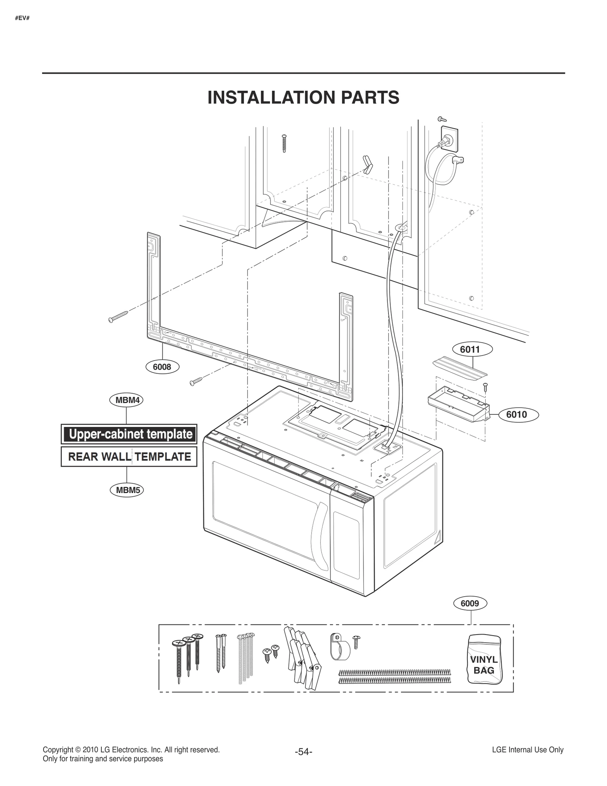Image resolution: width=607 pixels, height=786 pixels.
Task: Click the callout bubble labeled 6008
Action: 162,367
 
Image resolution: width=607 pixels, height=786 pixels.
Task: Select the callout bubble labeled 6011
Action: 470,349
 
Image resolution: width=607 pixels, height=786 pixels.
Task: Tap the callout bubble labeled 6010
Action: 516,414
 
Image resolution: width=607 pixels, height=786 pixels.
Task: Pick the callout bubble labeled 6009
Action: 470,603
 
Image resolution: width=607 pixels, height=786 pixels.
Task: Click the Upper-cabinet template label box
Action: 129,434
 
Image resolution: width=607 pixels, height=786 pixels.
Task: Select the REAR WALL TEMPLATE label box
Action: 129,457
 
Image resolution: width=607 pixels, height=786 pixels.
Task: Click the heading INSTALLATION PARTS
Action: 303,98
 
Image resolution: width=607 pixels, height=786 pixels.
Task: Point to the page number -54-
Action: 303,751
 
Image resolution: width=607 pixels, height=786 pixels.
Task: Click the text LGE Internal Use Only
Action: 527,750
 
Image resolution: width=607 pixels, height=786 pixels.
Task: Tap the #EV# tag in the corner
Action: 22,17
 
